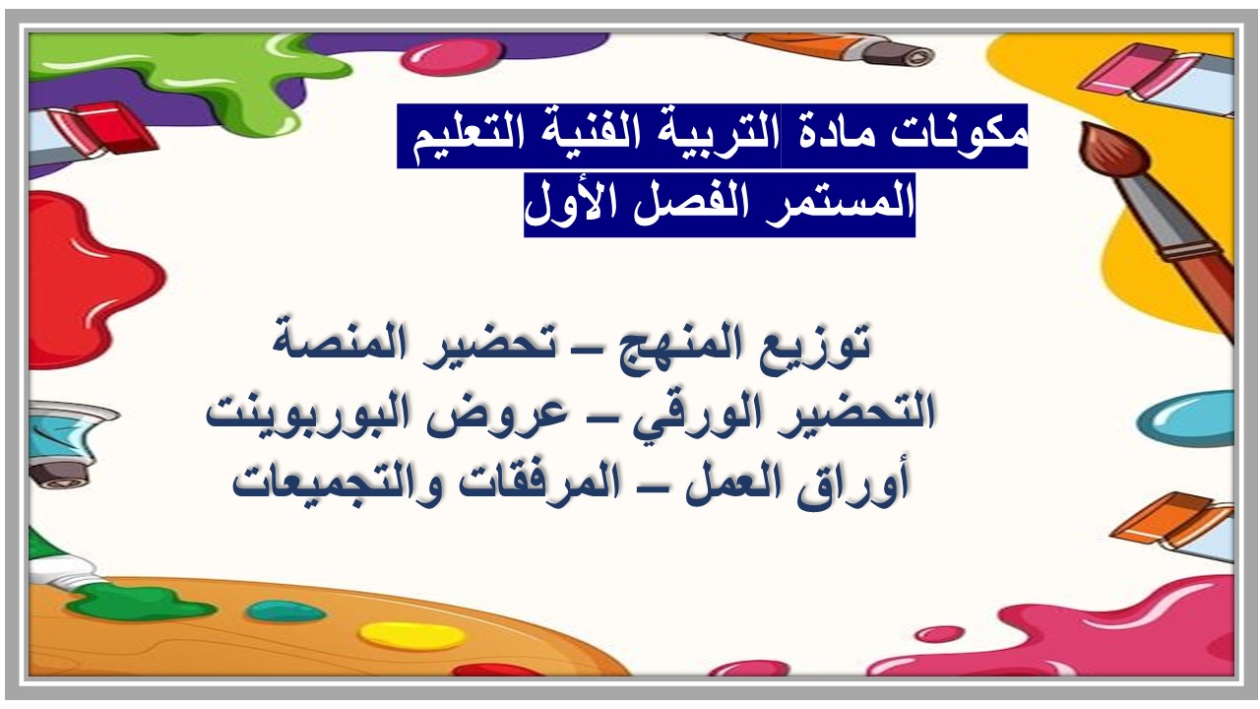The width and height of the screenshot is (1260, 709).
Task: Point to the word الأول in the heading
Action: tap(575, 202)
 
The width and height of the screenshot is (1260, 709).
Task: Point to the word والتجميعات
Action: tap(337, 483)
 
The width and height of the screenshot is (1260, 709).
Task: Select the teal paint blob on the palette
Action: tap(285, 612)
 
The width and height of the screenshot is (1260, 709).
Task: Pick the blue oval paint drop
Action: tap(1184, 419)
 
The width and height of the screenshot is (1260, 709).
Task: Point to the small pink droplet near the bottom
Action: tap(939, 634)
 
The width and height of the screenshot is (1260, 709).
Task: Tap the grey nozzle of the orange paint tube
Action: tap(899, 54)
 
